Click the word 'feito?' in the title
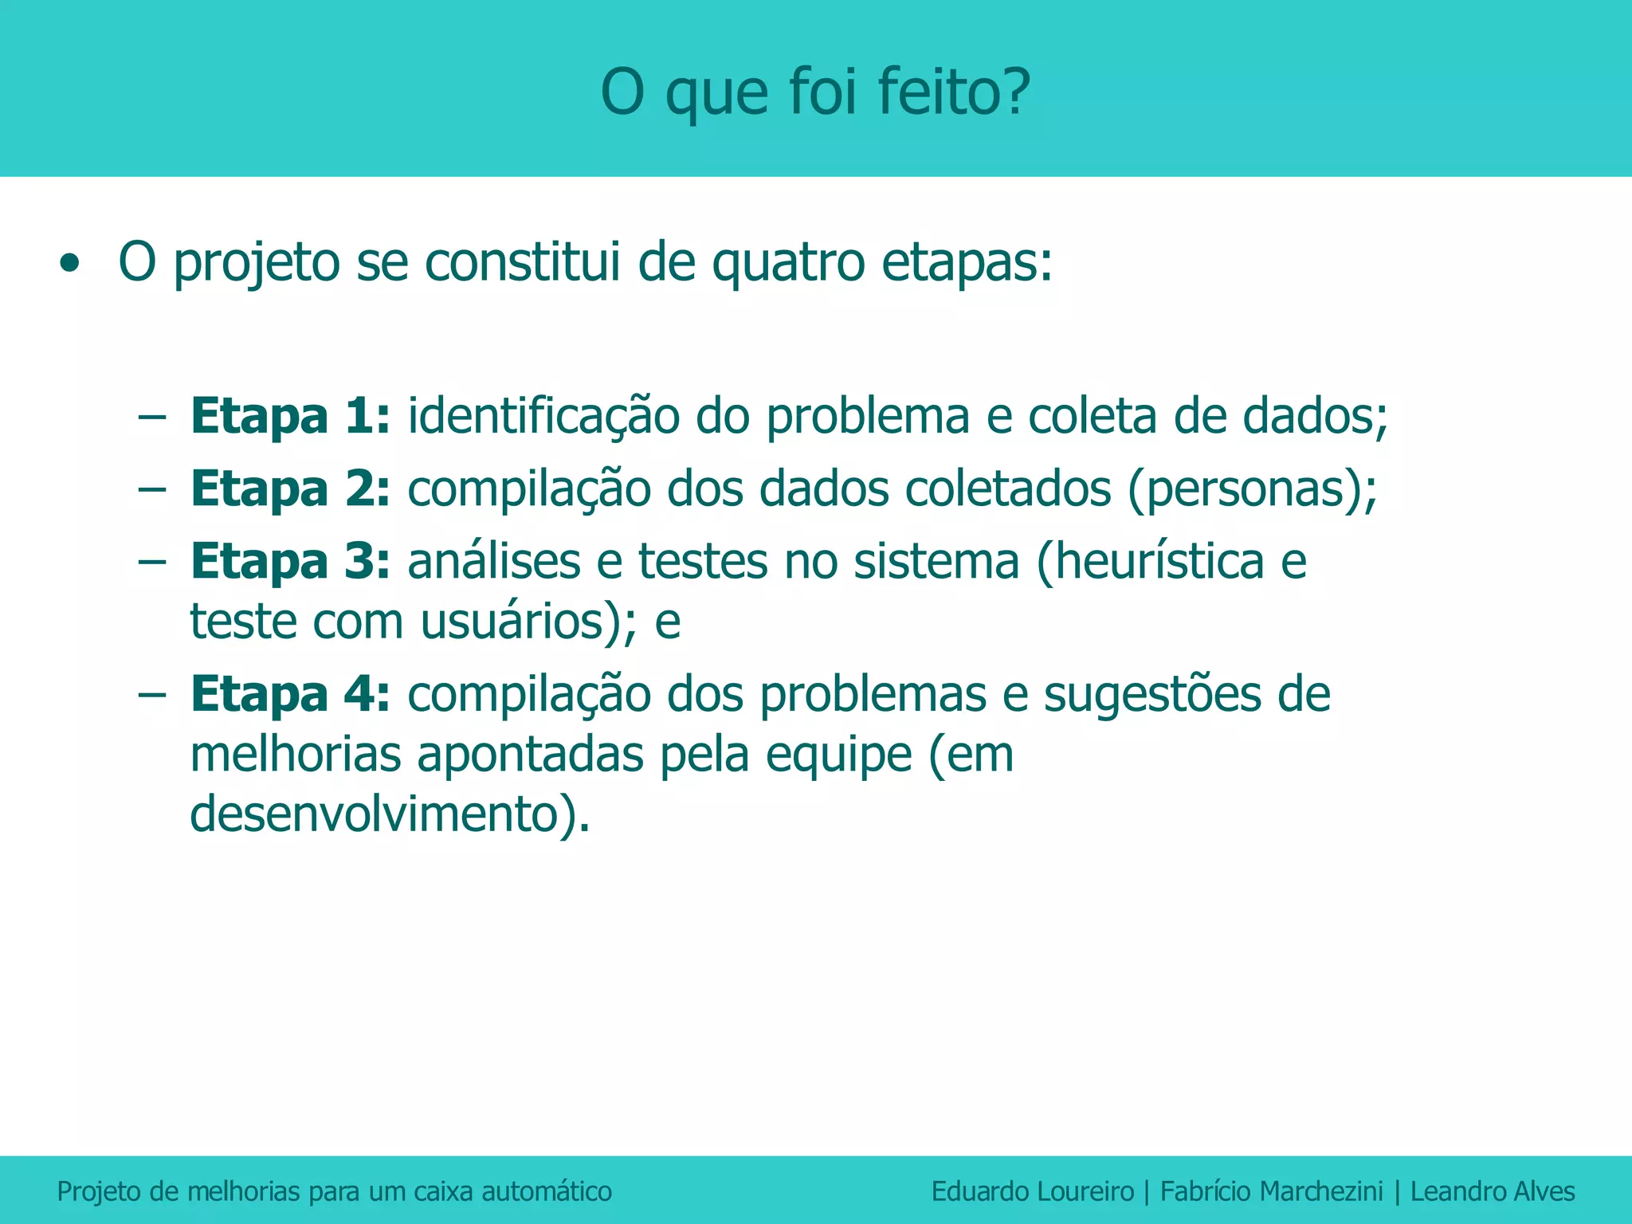pyautogui.click(x=954, y=92)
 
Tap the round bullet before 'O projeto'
pyautogui.click(x=70, y=264)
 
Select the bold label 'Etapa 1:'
pyautogui.click(x=290, y=416)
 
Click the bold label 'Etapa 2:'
pyautogui.click(x=290, y=488)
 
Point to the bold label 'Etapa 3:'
pyautogui.click(x=290, y=561)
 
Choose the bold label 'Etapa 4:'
pyautogui.click(x=290, y=694)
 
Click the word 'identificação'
pyautogui.click(x=543, y=418)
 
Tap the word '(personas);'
pyautogui.click(x=1252, y=490)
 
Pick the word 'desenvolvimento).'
pyautogui.click(x=390, y=814)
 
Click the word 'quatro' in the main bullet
pyautogui.click(x=787, y=264)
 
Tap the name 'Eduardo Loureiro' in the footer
pyautogui.click(x=1032, y=1191)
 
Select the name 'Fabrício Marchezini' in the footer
pyautogui.click(x=1271, y=1191)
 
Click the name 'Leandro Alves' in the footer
pyautogui.click(x=1493, y=1191)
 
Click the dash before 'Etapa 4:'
pyautogui.click(x=151, y=694)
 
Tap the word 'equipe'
pyautogui.click(x=838, y=755)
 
